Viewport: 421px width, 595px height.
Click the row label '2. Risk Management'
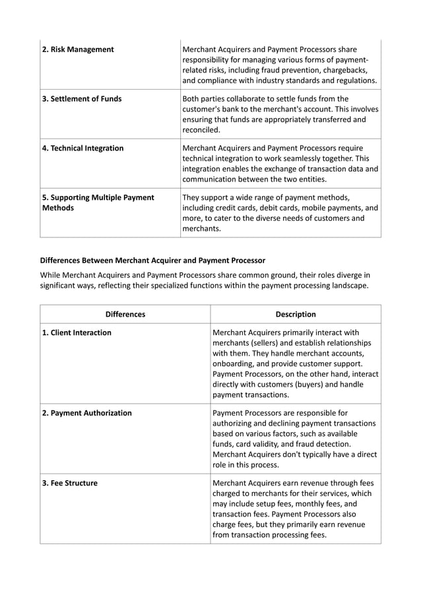coord(78,49)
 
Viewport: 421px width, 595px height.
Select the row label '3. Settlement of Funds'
coord(82,99)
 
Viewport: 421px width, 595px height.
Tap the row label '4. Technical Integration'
coord(82,148)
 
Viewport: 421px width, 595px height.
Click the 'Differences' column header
coord(125,315)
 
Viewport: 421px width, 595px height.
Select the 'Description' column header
coord(296,315)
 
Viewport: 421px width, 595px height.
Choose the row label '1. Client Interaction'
coord(77,333)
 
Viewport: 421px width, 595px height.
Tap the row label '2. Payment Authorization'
coord(86,414)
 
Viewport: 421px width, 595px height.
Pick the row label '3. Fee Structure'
coord(69,484)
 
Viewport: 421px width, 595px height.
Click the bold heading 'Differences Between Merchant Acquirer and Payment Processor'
coord(152,261)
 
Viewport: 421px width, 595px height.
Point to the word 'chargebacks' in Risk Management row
coord(344,70)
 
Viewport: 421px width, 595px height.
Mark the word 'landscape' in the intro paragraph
coord(343,286)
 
